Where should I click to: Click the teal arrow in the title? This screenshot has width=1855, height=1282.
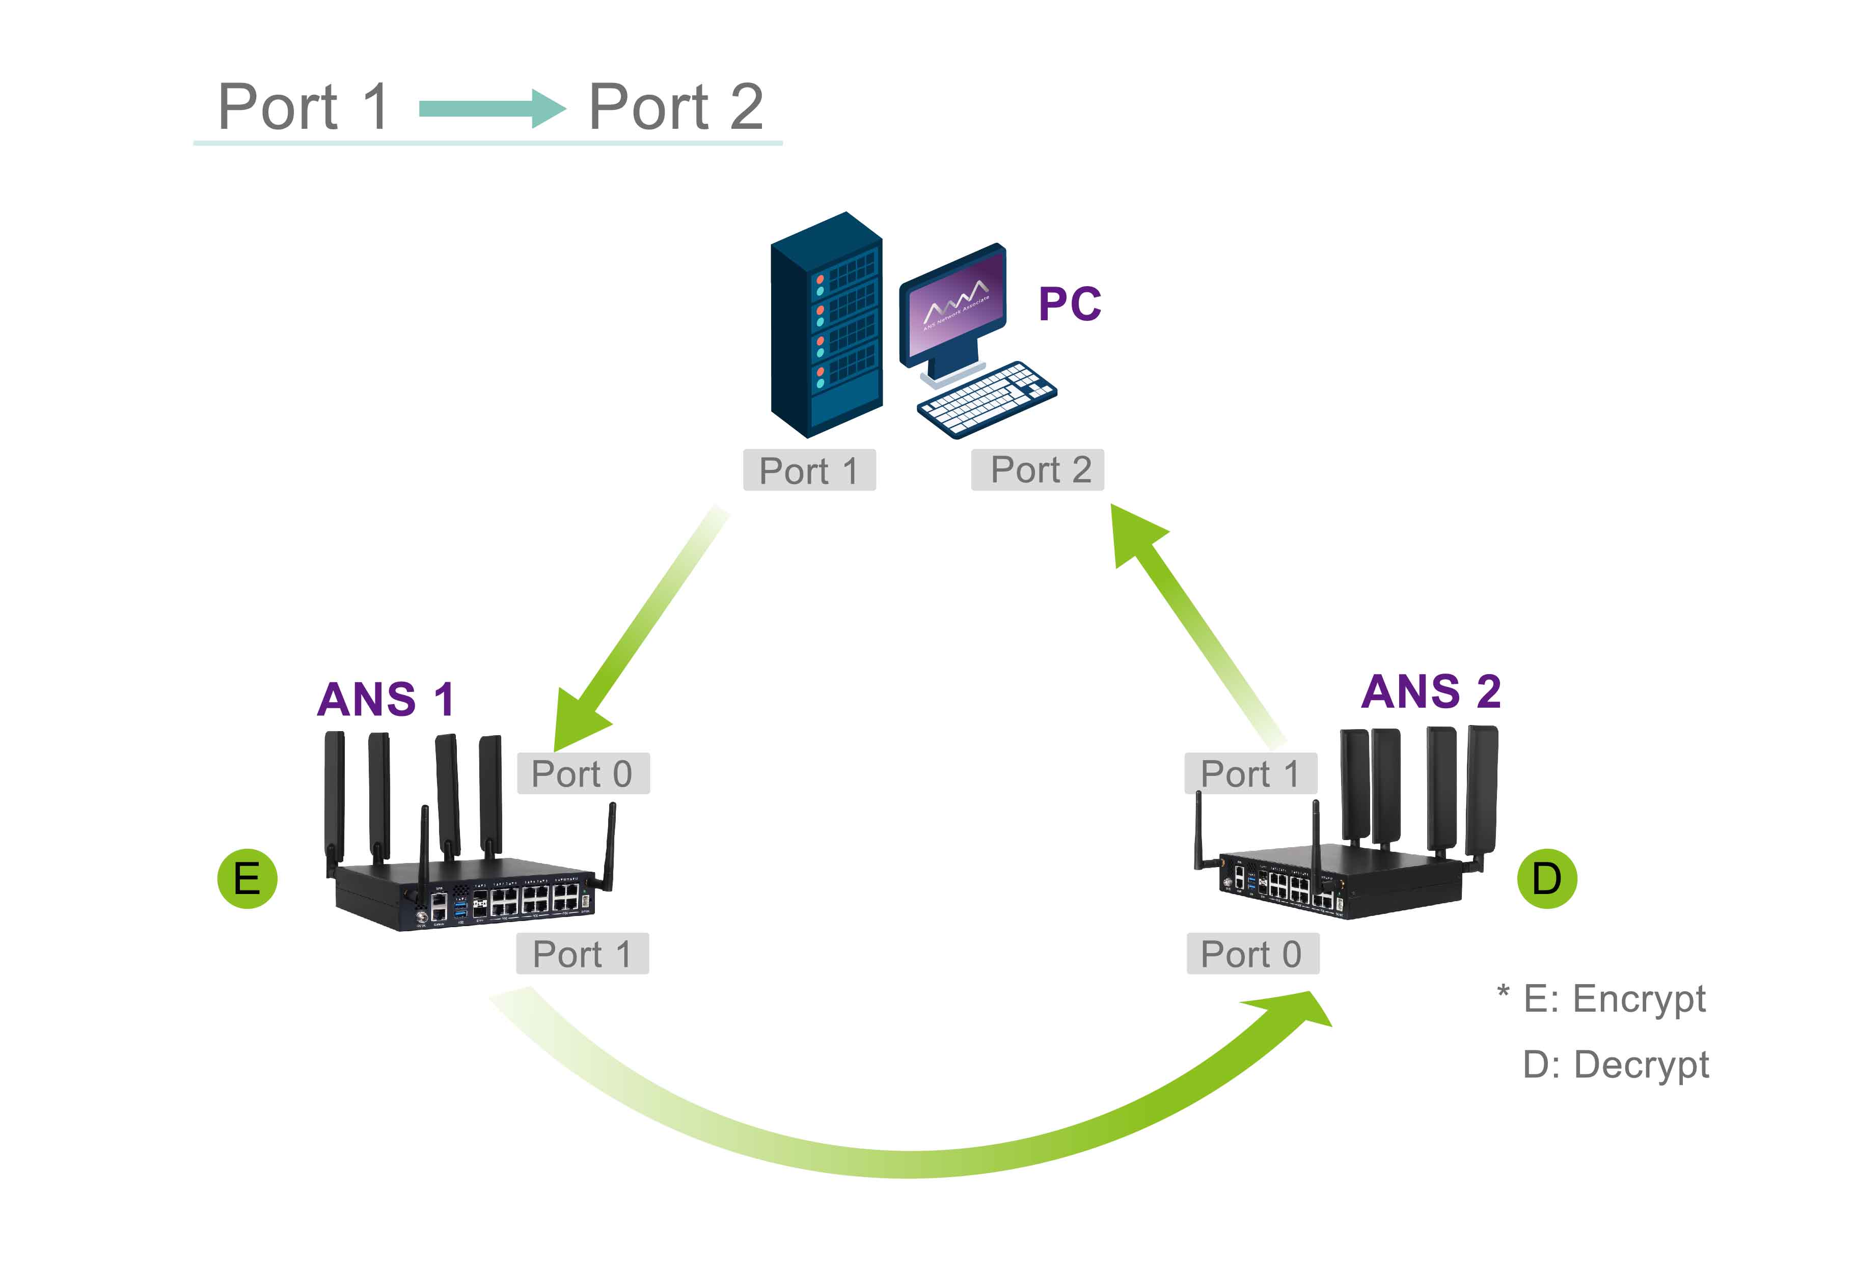point(492,108)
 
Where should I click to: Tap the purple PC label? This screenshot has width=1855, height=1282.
point(1069,303)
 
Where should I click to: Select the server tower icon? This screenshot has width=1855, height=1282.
point(826,324)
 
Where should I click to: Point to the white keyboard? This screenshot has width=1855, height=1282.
point(987,399)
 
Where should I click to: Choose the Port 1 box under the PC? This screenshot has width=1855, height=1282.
point(809,470)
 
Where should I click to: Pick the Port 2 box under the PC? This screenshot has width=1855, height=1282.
point(1037,470)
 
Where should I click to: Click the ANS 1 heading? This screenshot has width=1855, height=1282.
point(386,699)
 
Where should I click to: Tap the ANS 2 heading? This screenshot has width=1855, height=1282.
point(1430,691)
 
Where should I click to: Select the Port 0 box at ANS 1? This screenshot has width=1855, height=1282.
point(583,773)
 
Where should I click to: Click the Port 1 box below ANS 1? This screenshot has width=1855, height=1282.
point(583,954)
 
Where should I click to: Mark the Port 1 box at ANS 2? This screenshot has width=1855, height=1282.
point(1251,773)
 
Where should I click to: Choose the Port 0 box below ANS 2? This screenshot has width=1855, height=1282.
point(1252,954)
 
